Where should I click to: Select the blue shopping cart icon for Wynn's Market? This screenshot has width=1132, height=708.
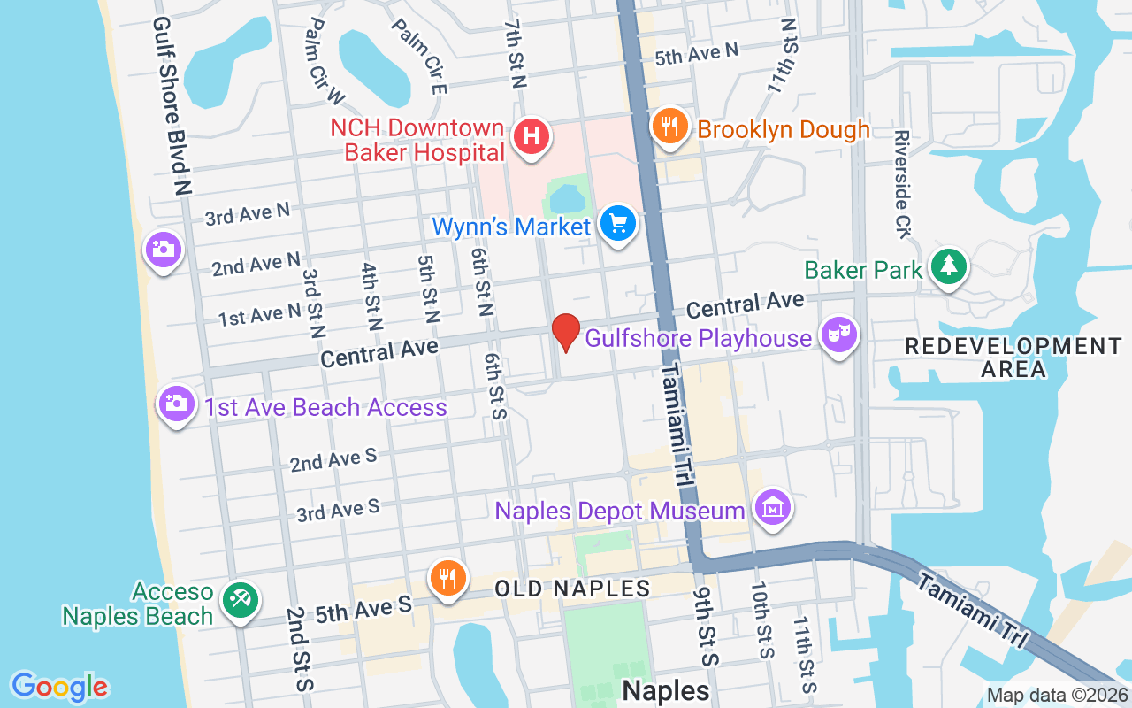[617, 223]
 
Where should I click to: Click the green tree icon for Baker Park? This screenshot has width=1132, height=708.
[948, 265]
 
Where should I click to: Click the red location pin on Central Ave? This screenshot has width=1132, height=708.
[566, 333]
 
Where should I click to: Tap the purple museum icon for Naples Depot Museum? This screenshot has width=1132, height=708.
[773, 508]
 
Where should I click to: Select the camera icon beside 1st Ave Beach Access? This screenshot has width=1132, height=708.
[177, 404]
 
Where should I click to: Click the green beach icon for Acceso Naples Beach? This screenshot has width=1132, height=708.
[240, 599]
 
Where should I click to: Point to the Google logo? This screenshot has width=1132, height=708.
[59, 686]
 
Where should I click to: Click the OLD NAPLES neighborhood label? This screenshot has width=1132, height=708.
[572, 589]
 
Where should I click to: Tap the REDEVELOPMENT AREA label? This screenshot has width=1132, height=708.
[1013, 357]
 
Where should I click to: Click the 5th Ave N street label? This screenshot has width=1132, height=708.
[696, 55]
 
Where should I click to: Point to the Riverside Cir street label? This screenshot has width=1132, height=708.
[902, 184]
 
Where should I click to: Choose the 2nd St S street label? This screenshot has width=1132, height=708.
[299, 649]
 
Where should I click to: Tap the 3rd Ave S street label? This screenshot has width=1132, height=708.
[338, 510]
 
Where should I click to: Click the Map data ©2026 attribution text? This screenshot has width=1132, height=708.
[1056, 696]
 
